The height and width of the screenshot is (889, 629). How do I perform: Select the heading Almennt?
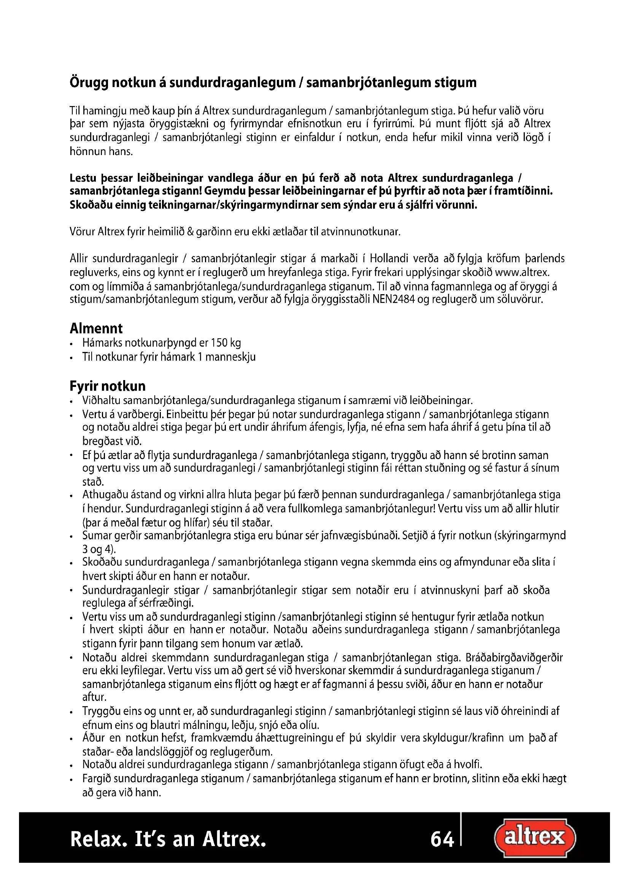[96, 328]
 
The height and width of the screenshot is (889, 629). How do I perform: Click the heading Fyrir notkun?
[108, 386]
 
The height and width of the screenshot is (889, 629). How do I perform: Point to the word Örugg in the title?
[89, 83]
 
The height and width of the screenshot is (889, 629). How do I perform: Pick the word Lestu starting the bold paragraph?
[83, 179]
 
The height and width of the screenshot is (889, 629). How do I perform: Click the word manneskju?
[230, 357]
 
